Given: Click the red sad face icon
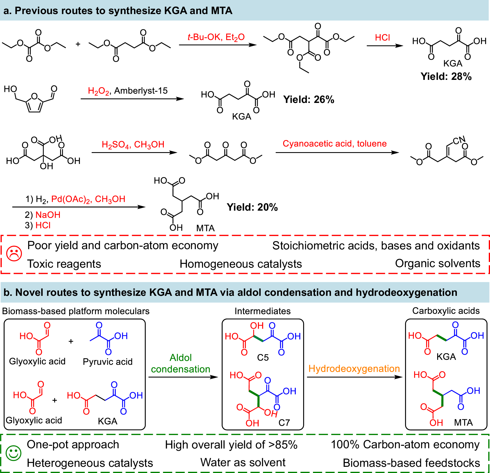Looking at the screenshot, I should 14,254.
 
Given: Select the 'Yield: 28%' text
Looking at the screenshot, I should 446,76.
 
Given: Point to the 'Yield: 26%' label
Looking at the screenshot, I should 308,100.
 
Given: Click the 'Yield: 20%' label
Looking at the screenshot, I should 252,207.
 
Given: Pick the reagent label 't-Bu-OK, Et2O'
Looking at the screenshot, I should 216,37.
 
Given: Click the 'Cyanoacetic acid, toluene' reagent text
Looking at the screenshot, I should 334,144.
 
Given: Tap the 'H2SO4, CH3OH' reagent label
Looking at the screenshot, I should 133,145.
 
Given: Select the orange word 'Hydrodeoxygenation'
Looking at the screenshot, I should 354,369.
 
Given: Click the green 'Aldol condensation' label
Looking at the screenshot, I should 180,363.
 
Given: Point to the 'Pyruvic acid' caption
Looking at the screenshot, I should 108,362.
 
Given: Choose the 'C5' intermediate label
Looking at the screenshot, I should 263,357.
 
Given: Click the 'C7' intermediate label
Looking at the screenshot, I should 284,423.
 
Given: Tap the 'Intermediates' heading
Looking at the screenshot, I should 262,311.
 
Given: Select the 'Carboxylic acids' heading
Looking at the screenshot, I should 446,311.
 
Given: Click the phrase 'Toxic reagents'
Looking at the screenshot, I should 64,264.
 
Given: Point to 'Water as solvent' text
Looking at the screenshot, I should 243,463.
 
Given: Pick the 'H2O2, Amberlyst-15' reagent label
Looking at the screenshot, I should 128,91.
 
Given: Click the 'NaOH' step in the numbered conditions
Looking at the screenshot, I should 48,215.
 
